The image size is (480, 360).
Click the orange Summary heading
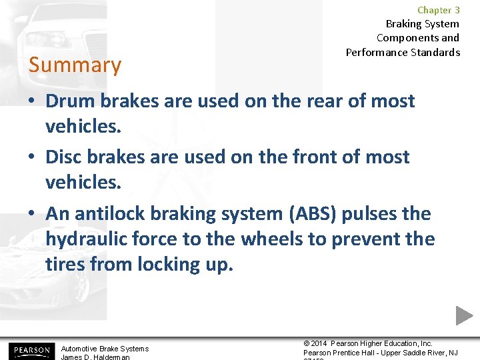click(75, 65)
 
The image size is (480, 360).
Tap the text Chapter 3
click(438, 10)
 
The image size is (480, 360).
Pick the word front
click(298, 157)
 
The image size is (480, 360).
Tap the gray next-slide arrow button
click(464, 315)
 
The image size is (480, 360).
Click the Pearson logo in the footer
click(29, 351)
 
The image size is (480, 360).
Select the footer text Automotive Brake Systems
click(105, 348)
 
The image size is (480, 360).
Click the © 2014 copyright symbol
click(307, 343)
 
